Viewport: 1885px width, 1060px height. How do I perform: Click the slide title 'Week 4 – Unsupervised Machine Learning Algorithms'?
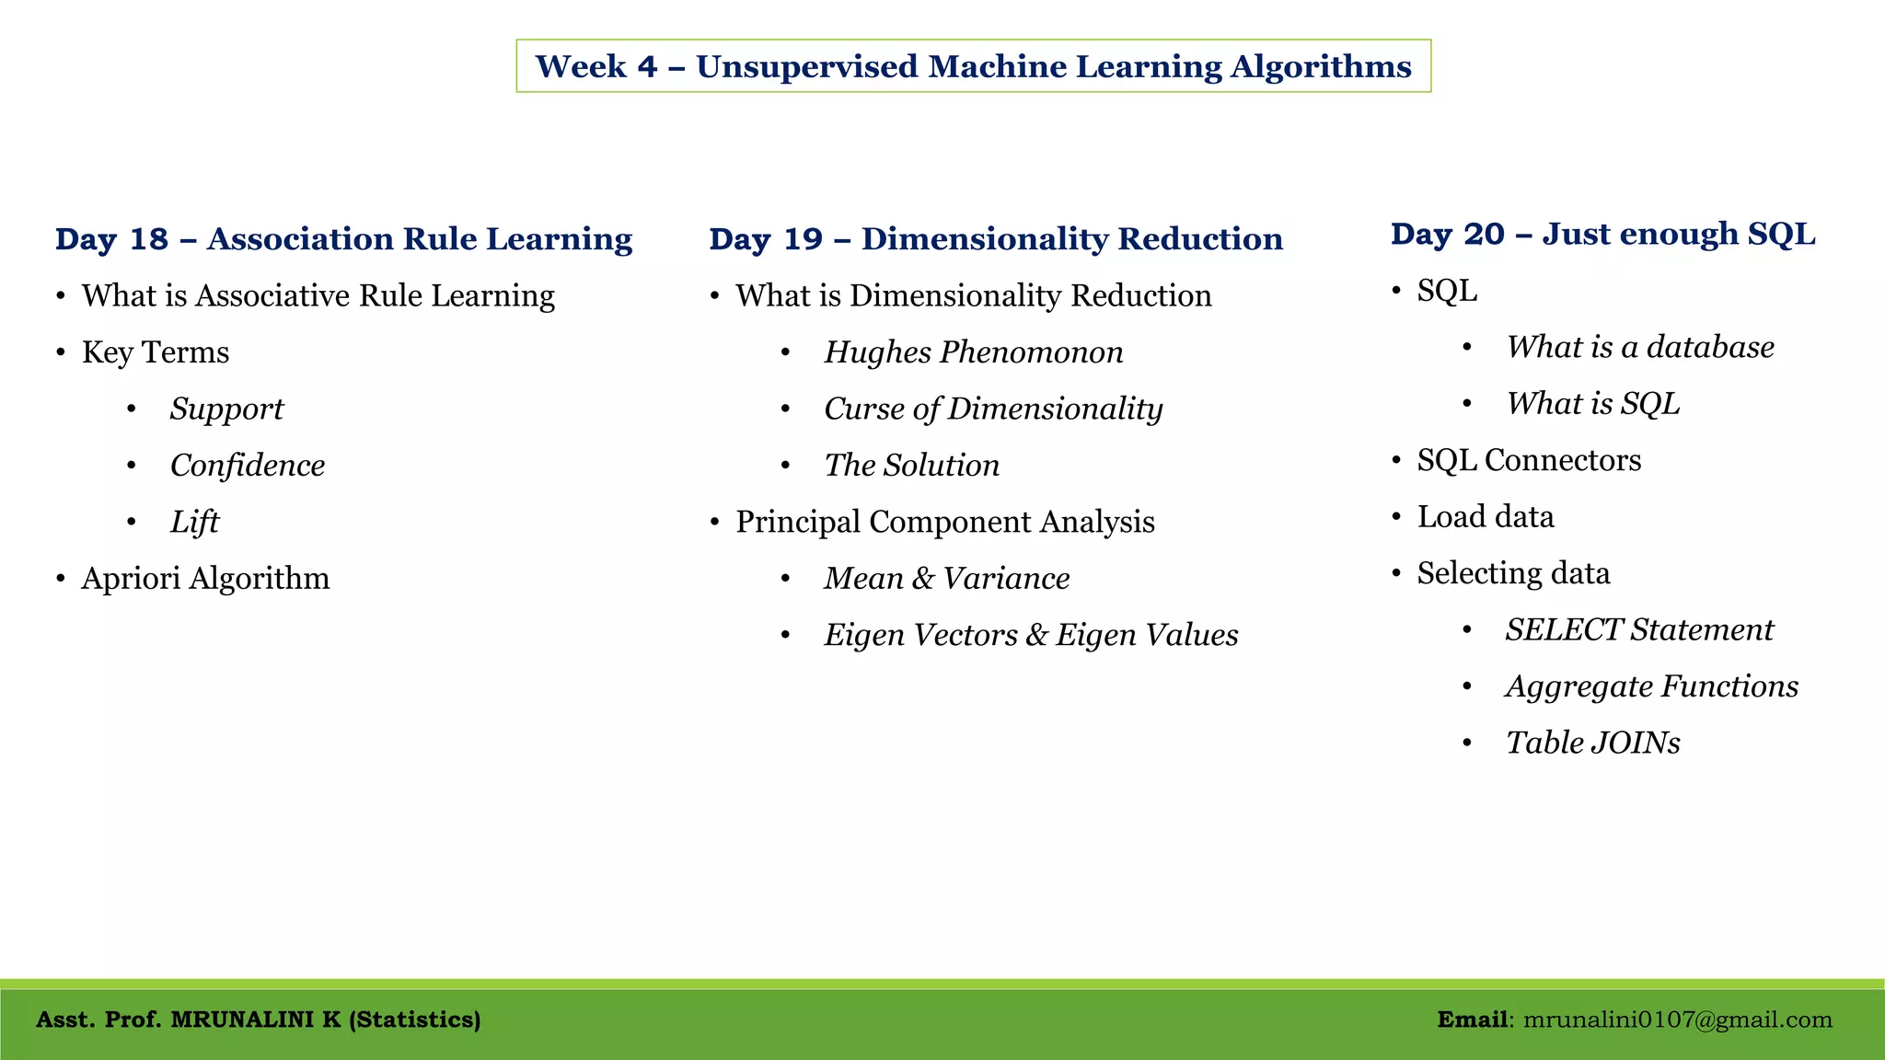tap(973, 66)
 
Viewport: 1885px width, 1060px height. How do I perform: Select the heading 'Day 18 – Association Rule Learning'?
tap(343, 239)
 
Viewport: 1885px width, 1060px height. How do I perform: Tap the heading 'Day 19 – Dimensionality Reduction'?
tap(995, 239)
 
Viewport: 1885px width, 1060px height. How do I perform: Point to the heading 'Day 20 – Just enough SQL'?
tap(1602, 235)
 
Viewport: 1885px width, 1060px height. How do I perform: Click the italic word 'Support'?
tap(226, 409)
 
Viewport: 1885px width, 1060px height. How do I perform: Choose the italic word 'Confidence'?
tap(247, 466)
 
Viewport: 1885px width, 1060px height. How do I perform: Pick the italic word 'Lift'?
tap(194, 523)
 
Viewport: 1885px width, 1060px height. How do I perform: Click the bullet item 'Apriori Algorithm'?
tap(205, 579)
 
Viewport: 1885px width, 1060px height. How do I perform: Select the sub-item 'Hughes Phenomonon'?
tap(973, 352)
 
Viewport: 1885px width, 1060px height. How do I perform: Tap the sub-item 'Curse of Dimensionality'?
tap(992, 409)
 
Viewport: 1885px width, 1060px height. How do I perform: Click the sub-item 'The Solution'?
tap(911, 466)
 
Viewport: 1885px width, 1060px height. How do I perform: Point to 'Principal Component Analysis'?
tap(944, 523)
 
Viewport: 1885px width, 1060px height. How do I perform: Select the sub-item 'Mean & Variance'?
tap(946, 579)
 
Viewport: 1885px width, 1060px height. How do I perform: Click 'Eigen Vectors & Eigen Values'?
tap(1030, 636)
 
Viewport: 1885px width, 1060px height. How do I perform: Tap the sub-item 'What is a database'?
tap(1639, 348)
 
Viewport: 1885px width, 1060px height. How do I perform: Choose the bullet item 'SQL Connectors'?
tap(1529, 460)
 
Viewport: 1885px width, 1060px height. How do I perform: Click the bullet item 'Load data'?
tap(1485, 517)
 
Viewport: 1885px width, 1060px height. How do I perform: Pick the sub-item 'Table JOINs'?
tap(1592, 743)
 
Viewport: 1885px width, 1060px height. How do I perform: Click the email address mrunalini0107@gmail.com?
tap(1677, 1020)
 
